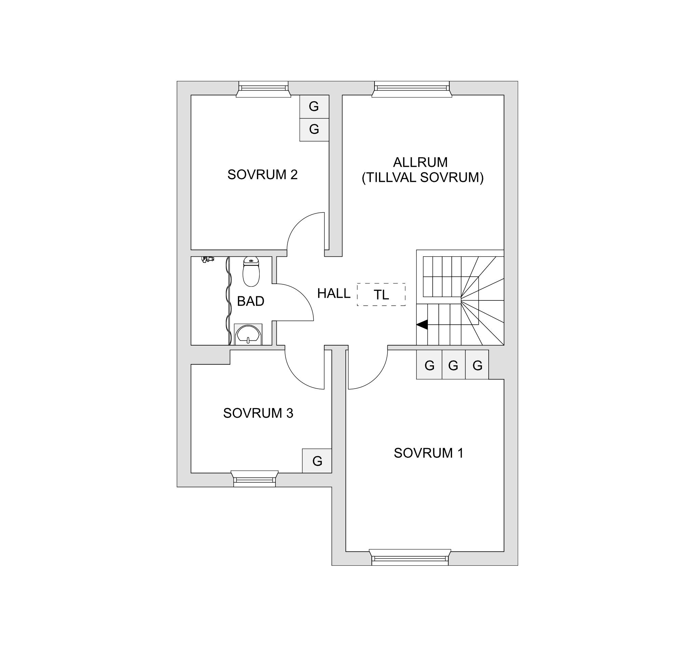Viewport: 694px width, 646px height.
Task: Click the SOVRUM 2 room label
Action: click(262, 175)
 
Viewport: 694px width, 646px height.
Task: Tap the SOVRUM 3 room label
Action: click(258, 413)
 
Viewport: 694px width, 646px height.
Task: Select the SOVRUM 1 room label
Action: click(429, 453)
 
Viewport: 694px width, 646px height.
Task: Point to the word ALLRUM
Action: click(420, 162)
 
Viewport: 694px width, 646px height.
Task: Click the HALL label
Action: click(334, 294)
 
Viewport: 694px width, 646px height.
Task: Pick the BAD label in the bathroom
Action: click(251, 301)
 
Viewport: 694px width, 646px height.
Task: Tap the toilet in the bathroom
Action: click(251, 271)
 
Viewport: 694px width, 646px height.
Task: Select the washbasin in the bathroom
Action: click(248, 334)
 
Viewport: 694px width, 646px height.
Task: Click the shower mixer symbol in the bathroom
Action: click(208, 259)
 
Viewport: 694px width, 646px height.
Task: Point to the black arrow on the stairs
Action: click(422, 324)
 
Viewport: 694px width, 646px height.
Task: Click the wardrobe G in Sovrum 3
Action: click(317, 461)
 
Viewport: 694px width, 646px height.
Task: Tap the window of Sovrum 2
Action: click(263, 89)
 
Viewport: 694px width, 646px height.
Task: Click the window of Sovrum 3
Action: click(255, 479)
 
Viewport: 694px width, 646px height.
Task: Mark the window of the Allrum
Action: click(412, 89)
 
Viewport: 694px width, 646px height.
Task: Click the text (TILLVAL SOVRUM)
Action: click(423, 178)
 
